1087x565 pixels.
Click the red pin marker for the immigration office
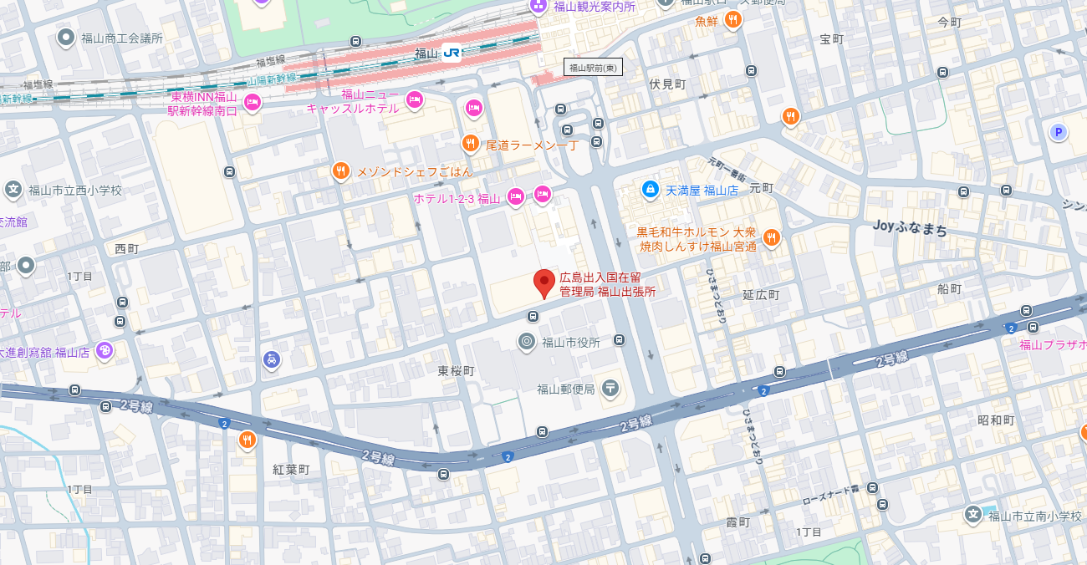[x=544, y=283]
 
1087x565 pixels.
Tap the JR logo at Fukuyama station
[x=452, y=53]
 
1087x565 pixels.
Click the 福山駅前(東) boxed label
[x=593, y=68]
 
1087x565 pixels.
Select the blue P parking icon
[x=1059, y=132]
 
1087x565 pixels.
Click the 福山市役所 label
[x=571, y=341]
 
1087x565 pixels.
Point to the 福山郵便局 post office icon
[x=610, y=388]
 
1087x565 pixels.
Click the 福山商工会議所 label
[x=121, y=38]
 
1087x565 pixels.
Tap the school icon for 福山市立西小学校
[x=13, y=190]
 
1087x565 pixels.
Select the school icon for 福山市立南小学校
[x=973, y=515]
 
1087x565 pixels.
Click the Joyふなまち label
[x=910, y=227]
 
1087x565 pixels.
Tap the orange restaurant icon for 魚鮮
[x=733, y=20]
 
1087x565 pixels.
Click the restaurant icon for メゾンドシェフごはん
[x=340, y=171]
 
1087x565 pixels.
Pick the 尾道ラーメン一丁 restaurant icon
[x=471, y=144]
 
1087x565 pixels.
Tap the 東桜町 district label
[x=456, y=370]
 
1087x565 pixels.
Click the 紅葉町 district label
[x=291, y=470]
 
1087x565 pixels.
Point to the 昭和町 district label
[x=996, y=420]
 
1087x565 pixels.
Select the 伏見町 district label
[x=667, y=84]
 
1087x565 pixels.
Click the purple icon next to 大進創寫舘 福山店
[x=105, y=351]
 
